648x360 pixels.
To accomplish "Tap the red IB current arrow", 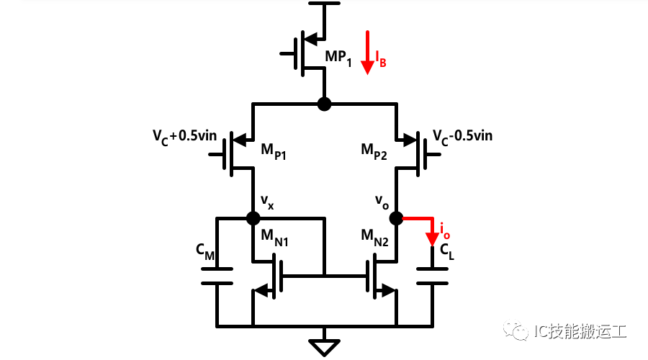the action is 367,53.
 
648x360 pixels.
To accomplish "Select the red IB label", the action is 381,59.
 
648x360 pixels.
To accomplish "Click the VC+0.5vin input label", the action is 184,138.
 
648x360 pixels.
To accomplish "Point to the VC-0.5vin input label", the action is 462,138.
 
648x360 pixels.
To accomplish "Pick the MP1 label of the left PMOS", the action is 273,151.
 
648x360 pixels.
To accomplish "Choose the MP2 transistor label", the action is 374,151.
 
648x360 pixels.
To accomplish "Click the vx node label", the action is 267,202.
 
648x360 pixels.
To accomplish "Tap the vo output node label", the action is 382,202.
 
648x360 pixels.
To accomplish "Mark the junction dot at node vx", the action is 253,218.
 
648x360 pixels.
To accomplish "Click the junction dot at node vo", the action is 396,218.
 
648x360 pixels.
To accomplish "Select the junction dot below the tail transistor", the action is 325,104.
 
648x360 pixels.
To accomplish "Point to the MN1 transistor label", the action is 274,238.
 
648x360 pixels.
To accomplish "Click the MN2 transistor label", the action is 374,238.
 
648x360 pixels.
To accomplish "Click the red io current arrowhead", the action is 432,239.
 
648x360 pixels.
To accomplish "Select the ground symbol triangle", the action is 325,347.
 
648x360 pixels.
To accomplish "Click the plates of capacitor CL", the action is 432,276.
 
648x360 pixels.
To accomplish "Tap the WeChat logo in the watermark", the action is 516,330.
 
